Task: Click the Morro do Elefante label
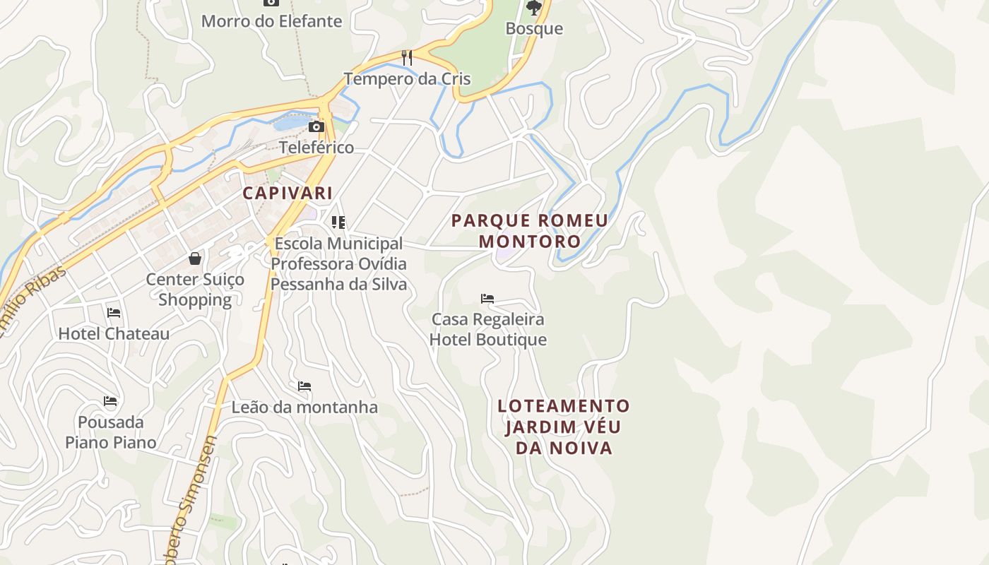(271, 21)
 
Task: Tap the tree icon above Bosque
(534, 8)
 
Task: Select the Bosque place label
(534, 29)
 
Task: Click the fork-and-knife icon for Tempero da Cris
(407, 57)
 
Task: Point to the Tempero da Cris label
(407, 78)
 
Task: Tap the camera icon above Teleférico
(316, 126)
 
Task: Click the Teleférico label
(316, 148)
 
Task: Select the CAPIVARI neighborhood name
(288, 193)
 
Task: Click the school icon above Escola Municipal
(338, 222)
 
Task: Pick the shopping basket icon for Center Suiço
(195, 258)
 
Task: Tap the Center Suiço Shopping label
(195, 290)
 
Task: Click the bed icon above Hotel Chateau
(114, 312)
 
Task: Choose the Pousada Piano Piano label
(110, 432)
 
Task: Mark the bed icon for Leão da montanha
(304, 386)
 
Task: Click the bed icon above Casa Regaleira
(487, 298)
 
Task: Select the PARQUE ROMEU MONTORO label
(530, 231)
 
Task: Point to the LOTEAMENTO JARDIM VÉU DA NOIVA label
(563, 427)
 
